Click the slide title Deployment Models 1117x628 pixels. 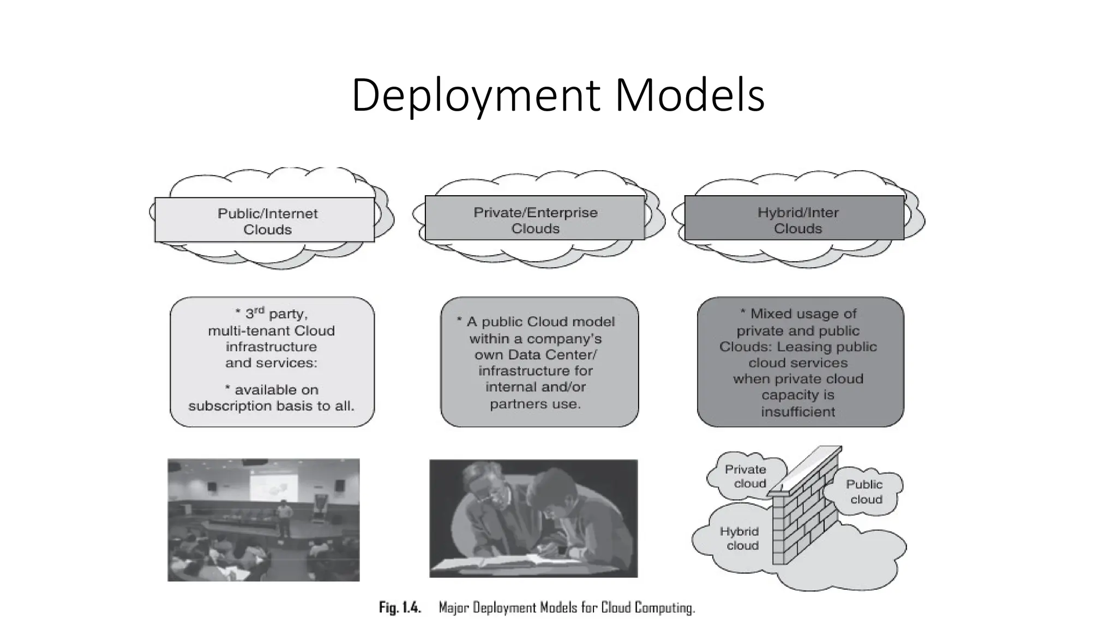coord(558,95)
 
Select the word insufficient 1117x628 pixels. coord(798,412)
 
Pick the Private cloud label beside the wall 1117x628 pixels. coord(746,476)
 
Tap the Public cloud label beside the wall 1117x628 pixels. coord(865,491)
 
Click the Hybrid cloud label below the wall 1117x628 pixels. coord(740,538)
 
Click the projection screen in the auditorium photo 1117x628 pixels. coord(273,488)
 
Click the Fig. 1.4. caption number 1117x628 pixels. coord(400,608)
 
